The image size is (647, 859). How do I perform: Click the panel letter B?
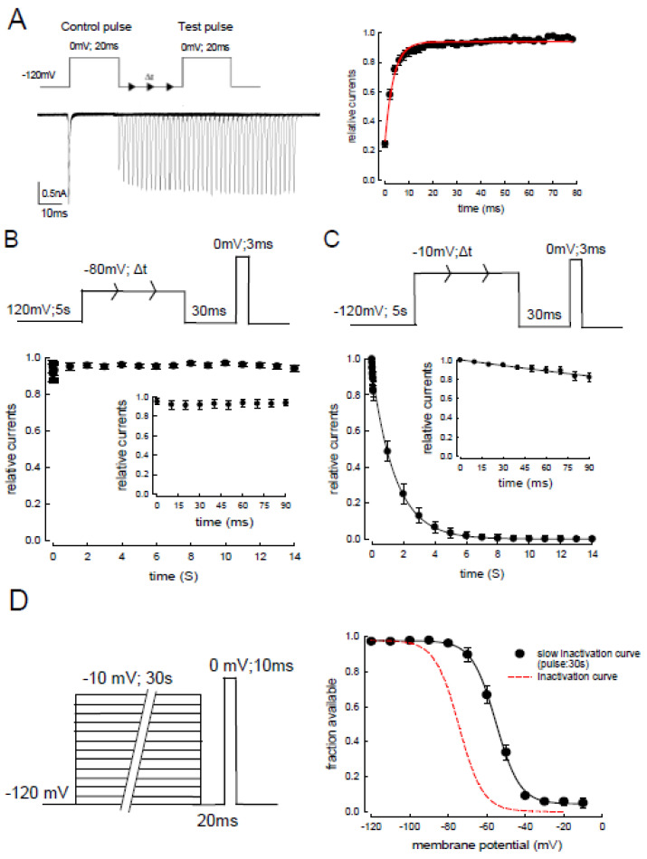click(15, 243)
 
